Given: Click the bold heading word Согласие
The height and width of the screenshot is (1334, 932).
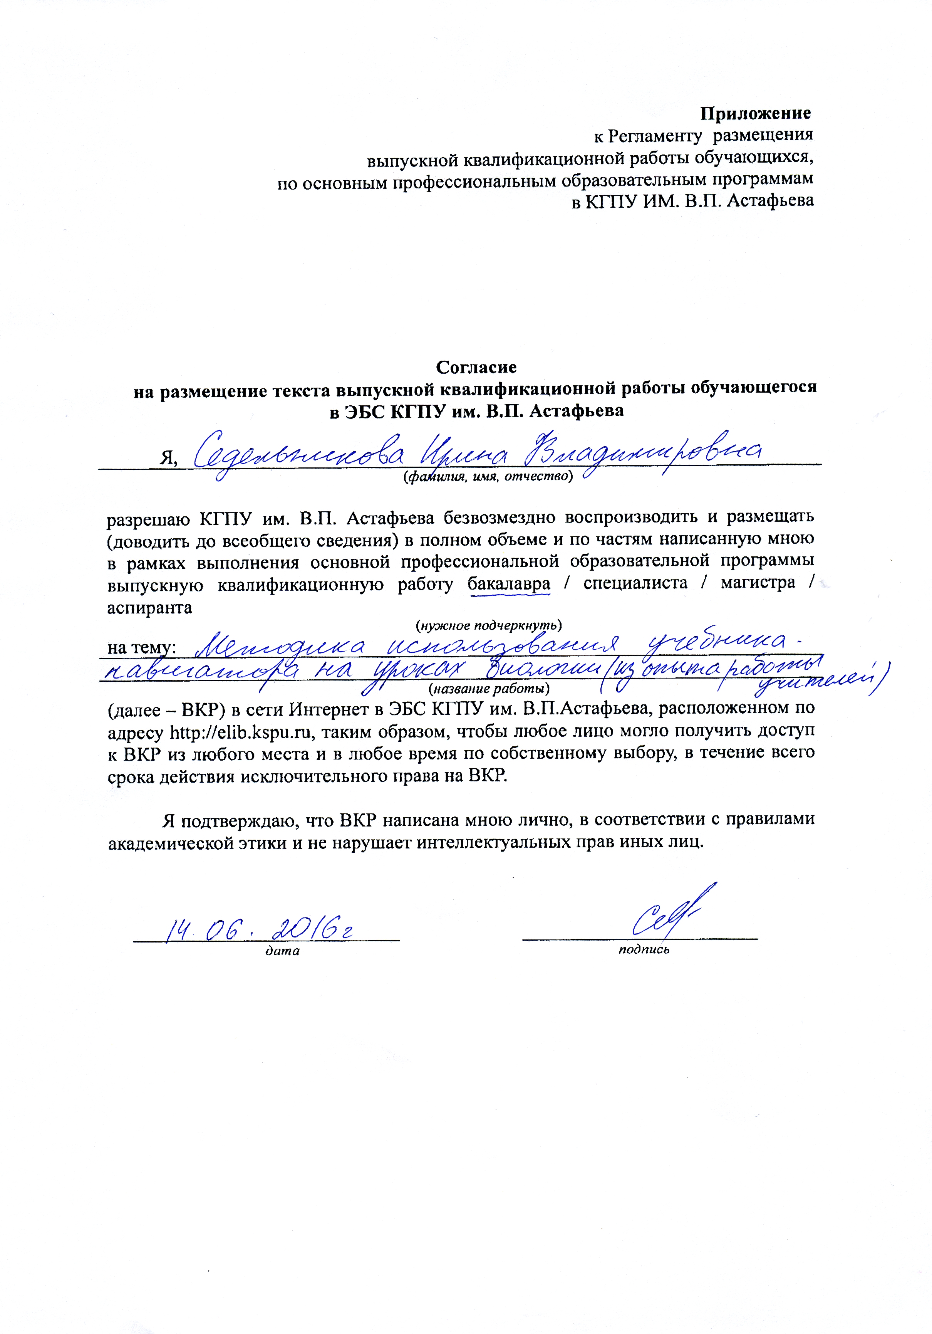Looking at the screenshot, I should coord(476,367).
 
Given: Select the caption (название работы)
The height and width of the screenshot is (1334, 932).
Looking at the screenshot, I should coord(488,689).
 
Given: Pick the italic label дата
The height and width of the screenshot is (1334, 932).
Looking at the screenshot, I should coord(282,951).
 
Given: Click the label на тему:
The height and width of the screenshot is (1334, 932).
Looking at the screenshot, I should coord(142,647).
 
